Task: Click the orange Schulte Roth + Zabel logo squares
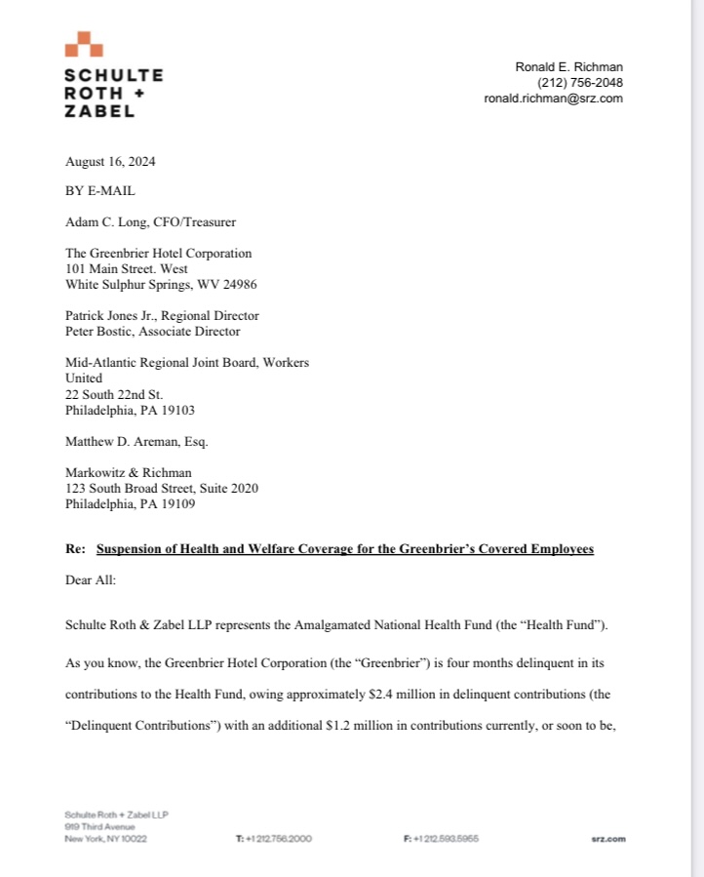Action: [x=84, y=45]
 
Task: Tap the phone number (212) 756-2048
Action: [x=580, y=83]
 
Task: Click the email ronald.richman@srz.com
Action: [x=553, y=99]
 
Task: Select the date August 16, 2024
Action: [x=109, y=162]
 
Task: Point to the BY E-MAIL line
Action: [x=99, y=191]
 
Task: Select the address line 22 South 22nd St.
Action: [x=114, y=394]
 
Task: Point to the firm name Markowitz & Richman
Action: [x=122, y=472]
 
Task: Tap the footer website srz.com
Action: [x=607, y=838]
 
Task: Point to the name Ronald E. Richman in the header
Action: [x=568, y=67]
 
